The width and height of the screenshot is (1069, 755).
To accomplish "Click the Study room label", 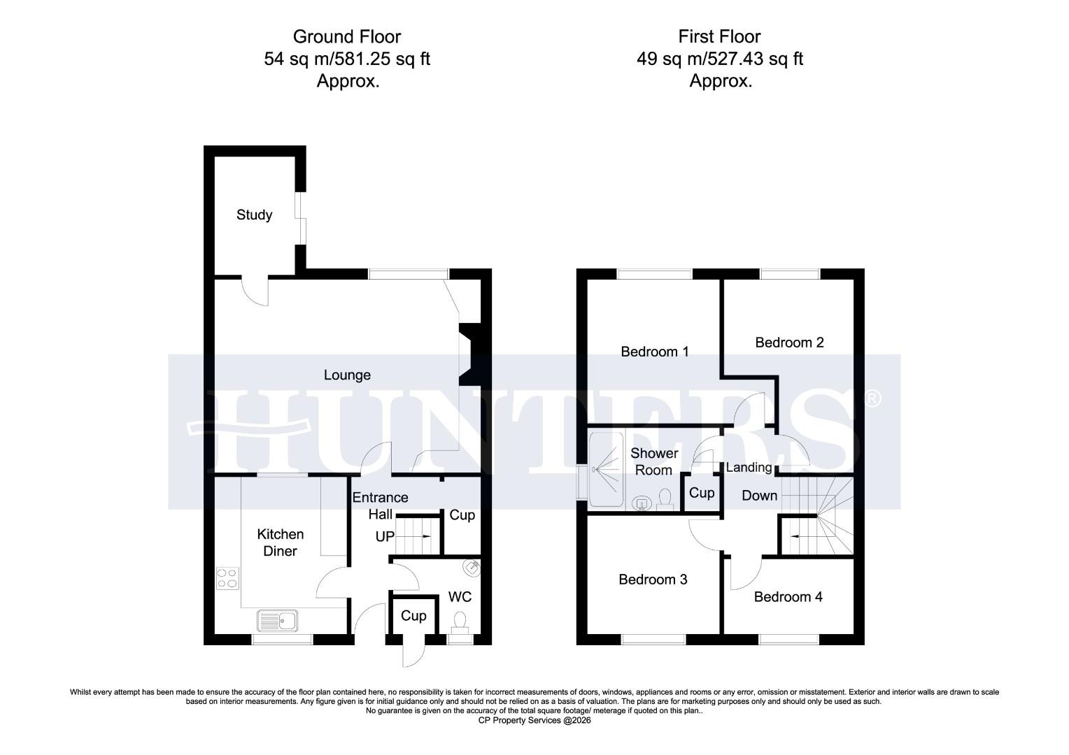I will click(x=254, y=215).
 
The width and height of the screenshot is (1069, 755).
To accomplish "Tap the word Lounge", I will click(x=347, y=375).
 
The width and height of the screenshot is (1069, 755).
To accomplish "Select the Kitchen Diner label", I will click(x=281, y=542).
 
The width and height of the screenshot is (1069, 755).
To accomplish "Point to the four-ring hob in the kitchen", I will click(x=227, y=578).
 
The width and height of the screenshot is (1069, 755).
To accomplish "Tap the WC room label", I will click(x=460, y=596).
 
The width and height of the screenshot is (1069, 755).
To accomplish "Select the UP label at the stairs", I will click(x=385, y=537).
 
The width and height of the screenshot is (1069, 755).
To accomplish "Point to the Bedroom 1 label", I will click(x=655, y=352).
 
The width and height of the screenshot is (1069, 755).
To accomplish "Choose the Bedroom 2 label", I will click(x=789, y=343).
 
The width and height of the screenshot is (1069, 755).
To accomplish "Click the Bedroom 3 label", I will click(x=653, y=580).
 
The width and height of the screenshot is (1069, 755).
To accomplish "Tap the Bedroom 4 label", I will click(x=788, y=597).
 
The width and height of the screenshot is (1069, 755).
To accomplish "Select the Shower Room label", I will click(x=654, y=461).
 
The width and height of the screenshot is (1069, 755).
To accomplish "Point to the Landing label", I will click(x=749, y=468).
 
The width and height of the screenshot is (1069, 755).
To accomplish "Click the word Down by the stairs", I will click(x=759, y=496).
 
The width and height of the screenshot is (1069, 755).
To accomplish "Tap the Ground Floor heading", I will click(x=346, y=36).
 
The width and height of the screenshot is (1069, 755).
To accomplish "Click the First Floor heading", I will click(x=719, y=36).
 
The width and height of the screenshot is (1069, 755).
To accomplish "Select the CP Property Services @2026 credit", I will click(x=534, y=721).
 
